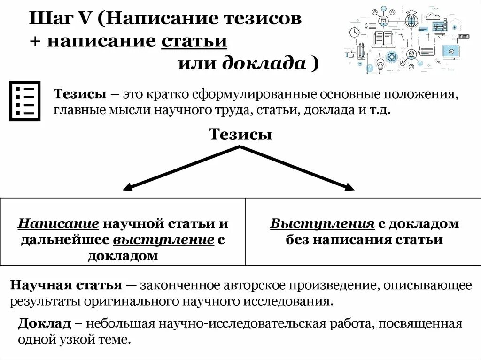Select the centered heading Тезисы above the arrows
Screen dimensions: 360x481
240,135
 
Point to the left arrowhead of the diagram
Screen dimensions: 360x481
127,188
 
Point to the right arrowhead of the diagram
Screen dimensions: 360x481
349,188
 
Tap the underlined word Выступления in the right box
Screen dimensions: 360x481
322,223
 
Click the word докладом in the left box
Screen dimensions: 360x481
123,256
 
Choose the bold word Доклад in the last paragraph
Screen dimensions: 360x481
45,323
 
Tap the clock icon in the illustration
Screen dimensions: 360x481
355,32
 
